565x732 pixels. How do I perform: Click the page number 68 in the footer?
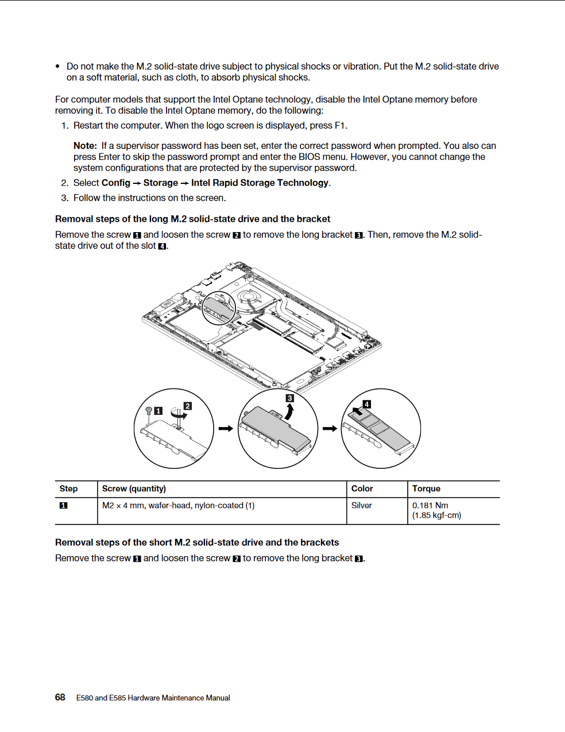tap(60, 697)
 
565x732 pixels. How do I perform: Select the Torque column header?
tap(426, 488)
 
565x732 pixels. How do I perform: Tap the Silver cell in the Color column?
tap(362, 506)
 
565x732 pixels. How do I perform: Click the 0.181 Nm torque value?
tap(430, 506)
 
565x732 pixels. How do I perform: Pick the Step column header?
tap(68, 488)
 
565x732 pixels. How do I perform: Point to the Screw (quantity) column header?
tap(134, 488)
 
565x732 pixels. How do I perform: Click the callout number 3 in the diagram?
tap(290, 398)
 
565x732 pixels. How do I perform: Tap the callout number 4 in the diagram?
tap(367, 404)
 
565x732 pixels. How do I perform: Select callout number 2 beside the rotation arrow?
tap(188, 406)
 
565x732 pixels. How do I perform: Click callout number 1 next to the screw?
tap(158, 411)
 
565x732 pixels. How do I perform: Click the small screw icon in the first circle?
tap(149, 411)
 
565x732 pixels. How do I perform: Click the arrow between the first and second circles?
tap(226, 429)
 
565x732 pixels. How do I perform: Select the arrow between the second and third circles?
tap(330, 429)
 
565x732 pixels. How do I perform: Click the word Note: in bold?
tap(85, 146)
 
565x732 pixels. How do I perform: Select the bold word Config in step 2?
tap(116, 183)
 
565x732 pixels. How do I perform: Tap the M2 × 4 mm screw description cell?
tap(178, 506)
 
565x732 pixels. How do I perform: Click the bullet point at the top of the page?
tap(57, 67)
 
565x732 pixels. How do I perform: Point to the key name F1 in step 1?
tap(340, 125)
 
